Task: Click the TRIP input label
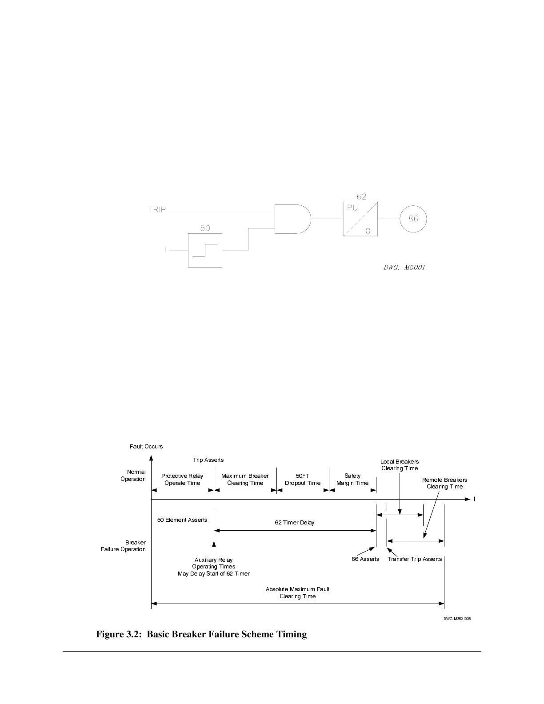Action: pos(157,210)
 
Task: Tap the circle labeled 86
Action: pos(413,219)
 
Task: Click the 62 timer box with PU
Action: pos(360,219)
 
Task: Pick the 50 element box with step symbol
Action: pos(205,250)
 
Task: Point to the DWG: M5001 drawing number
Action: pos(404,268)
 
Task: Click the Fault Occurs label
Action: pos(146,446)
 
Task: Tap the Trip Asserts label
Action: pos(208,460)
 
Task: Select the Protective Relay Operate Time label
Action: pos(182,479)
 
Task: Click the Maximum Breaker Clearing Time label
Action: pos(245,479)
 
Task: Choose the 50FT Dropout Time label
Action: pos(302,479)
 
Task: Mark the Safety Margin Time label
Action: pos(352,479)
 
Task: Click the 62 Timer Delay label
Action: pos(294,522)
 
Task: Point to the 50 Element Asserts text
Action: pos(182,520)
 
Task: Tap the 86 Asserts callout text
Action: pos(365,559)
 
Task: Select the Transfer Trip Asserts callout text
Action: pos(414,559)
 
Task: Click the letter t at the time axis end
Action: pos(475,499)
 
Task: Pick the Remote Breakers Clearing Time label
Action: pos(444,483)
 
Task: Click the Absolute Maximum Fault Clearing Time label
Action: pos(297,592)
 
